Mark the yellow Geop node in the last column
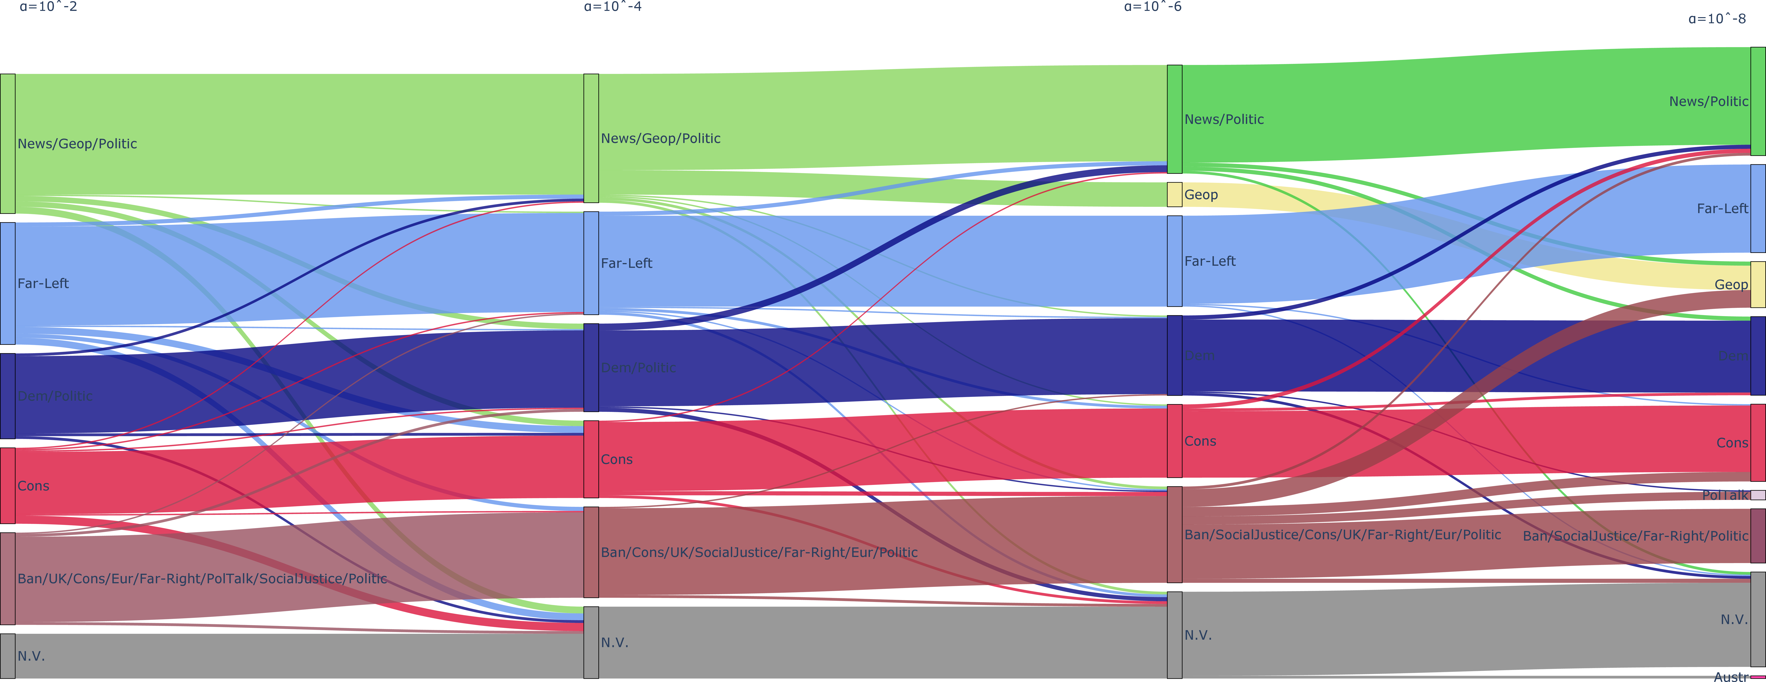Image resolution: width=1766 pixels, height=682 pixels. pyautogui.click(x=1758, y=284)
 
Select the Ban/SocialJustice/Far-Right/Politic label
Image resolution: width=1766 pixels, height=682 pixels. pyautogui.click(x=1635, y=536)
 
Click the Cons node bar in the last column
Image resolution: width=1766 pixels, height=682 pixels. pyautogui.click(x=1758, y=443)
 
